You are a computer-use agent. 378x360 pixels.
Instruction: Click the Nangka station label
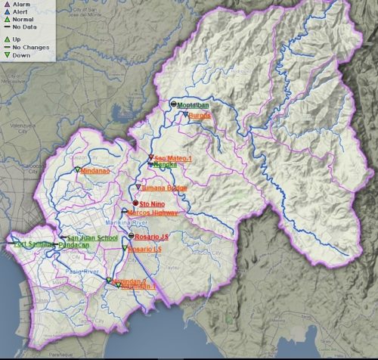click(166, 165)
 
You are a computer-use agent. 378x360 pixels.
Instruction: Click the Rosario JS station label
click(153, 236)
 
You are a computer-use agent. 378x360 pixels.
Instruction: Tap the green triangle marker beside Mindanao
click(77, 170)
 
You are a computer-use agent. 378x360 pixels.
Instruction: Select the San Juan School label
click(93, 237)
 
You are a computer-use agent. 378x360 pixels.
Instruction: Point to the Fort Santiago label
click(32, 244)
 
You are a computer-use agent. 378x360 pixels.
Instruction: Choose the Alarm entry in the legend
click(20, 4)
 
